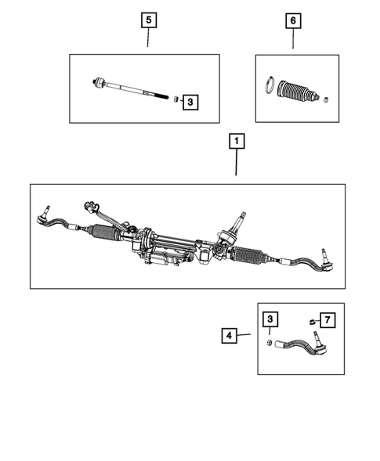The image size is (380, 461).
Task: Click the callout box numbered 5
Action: pyautogui.click(x=148, y=19)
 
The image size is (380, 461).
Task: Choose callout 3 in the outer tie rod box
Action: pyautogui.click(x=270, y=320)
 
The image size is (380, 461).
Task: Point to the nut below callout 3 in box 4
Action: pyautogui.click(x=270, y=344)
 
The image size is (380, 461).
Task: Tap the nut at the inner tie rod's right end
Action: pyautogui.click(x=176, y=99)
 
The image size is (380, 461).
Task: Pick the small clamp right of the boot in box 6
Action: pyautogui.click(x=326, y=99)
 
